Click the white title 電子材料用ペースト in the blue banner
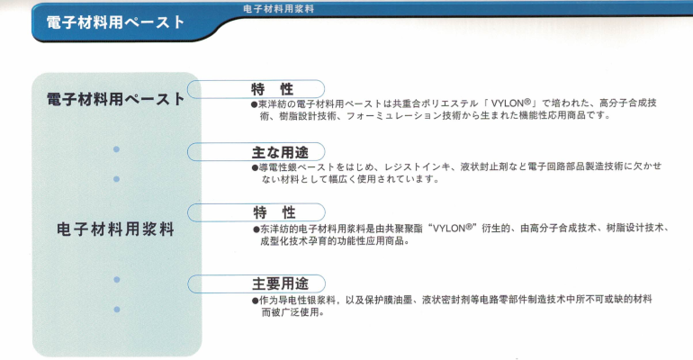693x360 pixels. click(x=115, y=22)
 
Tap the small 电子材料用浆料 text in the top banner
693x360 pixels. click(x=278, y=9)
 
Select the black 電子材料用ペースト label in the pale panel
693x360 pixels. click(x=115, y=99)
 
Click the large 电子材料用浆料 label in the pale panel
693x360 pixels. click(x=115, y=229)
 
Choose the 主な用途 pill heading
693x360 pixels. click(x=280, y=152)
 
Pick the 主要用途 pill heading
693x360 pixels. click(x=280, y=283)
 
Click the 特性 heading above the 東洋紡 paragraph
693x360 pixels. click(x=272, y=89)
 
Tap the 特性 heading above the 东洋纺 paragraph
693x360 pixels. click(x=274, y=212)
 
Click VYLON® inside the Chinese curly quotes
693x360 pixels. click(x=453, y=229)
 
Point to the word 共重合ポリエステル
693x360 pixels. click(x=436, y=103)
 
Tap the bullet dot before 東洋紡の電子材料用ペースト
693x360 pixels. click(x=254, y=104)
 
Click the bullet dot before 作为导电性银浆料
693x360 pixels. click(x=255, y=301)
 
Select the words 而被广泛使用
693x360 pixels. click(x=290, y=312)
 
